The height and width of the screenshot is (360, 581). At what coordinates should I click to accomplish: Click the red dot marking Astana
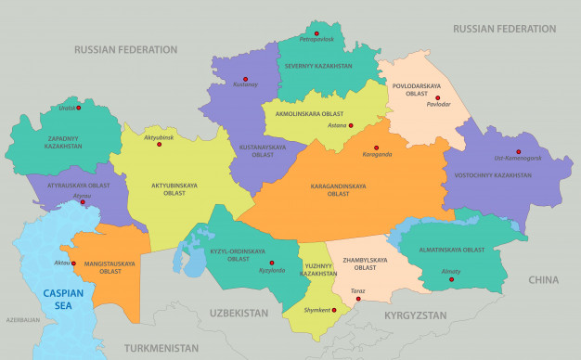click(351, 125)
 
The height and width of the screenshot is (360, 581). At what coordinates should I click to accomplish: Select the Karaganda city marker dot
click(376, 147)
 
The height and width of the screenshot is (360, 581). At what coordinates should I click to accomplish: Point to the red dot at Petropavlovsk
click(316, 33)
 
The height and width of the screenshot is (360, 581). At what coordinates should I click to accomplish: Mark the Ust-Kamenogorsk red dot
click(519, 151)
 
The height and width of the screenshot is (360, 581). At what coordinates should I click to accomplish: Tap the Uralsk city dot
click(79, 108)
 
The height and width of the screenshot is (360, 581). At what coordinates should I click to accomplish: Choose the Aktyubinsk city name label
click(159, 137)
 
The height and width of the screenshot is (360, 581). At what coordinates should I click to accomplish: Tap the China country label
click(543, 279)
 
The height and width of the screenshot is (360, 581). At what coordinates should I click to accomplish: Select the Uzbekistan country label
click(239, 314)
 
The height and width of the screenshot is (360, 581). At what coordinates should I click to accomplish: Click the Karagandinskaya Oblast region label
click(338, 190)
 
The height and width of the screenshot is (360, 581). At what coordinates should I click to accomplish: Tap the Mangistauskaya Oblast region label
click(110, 267)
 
